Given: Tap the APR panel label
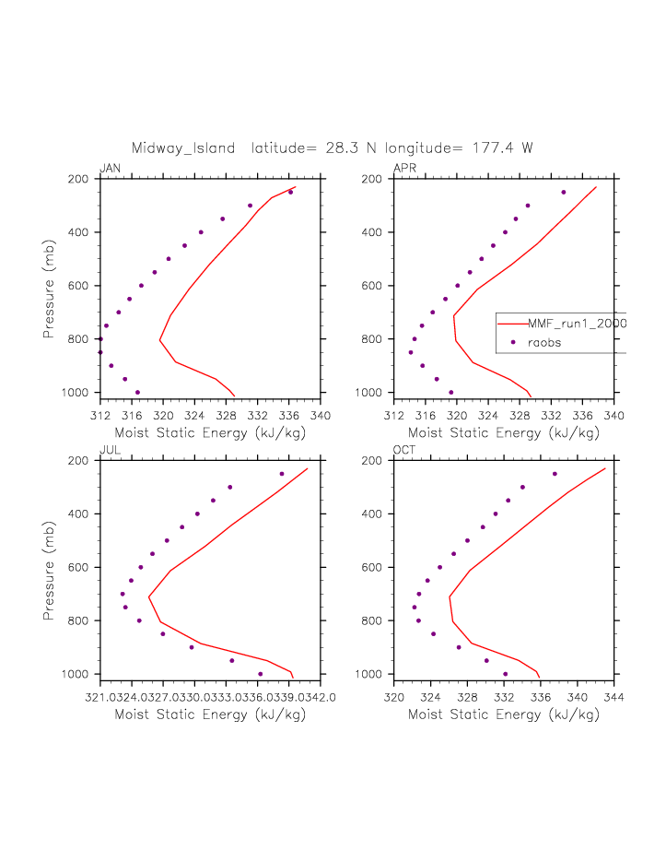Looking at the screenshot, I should coord(404,168).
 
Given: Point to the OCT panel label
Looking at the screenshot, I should coord(404,450).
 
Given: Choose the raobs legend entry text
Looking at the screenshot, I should coord(544,342).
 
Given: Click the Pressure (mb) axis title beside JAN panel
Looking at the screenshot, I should coord(49,286).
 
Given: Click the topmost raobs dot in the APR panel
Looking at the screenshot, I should coord(564,193).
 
